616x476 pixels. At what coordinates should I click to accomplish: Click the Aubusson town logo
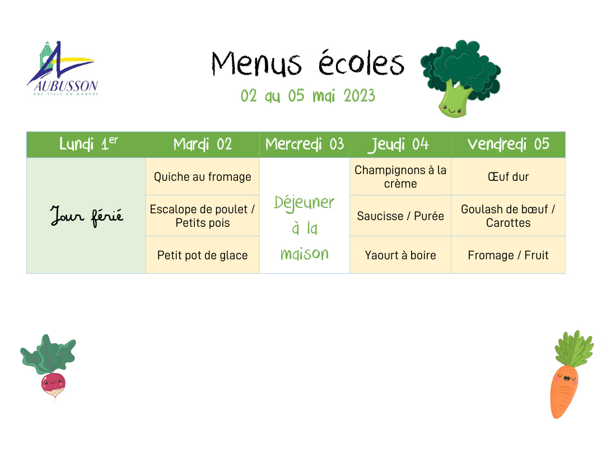click(x=63, y=68)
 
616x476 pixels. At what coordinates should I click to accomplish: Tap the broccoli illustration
click(x=460, y=78)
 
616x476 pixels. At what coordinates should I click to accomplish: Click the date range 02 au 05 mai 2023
click(x=308, y=96)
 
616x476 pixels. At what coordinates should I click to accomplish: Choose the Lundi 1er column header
click(x=86, y=144)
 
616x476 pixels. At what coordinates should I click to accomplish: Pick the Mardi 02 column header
click(x=202, y=144)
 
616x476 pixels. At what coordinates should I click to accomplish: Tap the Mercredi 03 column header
click(x=305, y=144)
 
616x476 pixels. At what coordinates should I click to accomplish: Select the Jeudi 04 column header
click(x=400, y=144)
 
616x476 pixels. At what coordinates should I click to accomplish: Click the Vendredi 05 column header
click(x=508, y=144)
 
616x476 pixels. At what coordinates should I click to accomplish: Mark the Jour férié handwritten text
click(x=87, y=216)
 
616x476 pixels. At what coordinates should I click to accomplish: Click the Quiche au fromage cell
click(x=202, y=177)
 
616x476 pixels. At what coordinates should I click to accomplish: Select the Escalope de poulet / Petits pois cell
click(x=202, y=216)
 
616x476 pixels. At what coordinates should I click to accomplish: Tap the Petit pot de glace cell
click(x=202, y=255)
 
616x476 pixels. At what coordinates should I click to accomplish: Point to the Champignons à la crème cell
click(x=400, y=177)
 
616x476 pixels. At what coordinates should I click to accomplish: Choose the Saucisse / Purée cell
click(x=400, y=216)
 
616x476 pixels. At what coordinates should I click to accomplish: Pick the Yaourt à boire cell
click(x=400, y=255)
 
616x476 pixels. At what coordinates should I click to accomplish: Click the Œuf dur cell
click(x=508, y=177)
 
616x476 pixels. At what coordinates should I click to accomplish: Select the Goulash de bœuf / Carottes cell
click(x=508, y=216)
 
